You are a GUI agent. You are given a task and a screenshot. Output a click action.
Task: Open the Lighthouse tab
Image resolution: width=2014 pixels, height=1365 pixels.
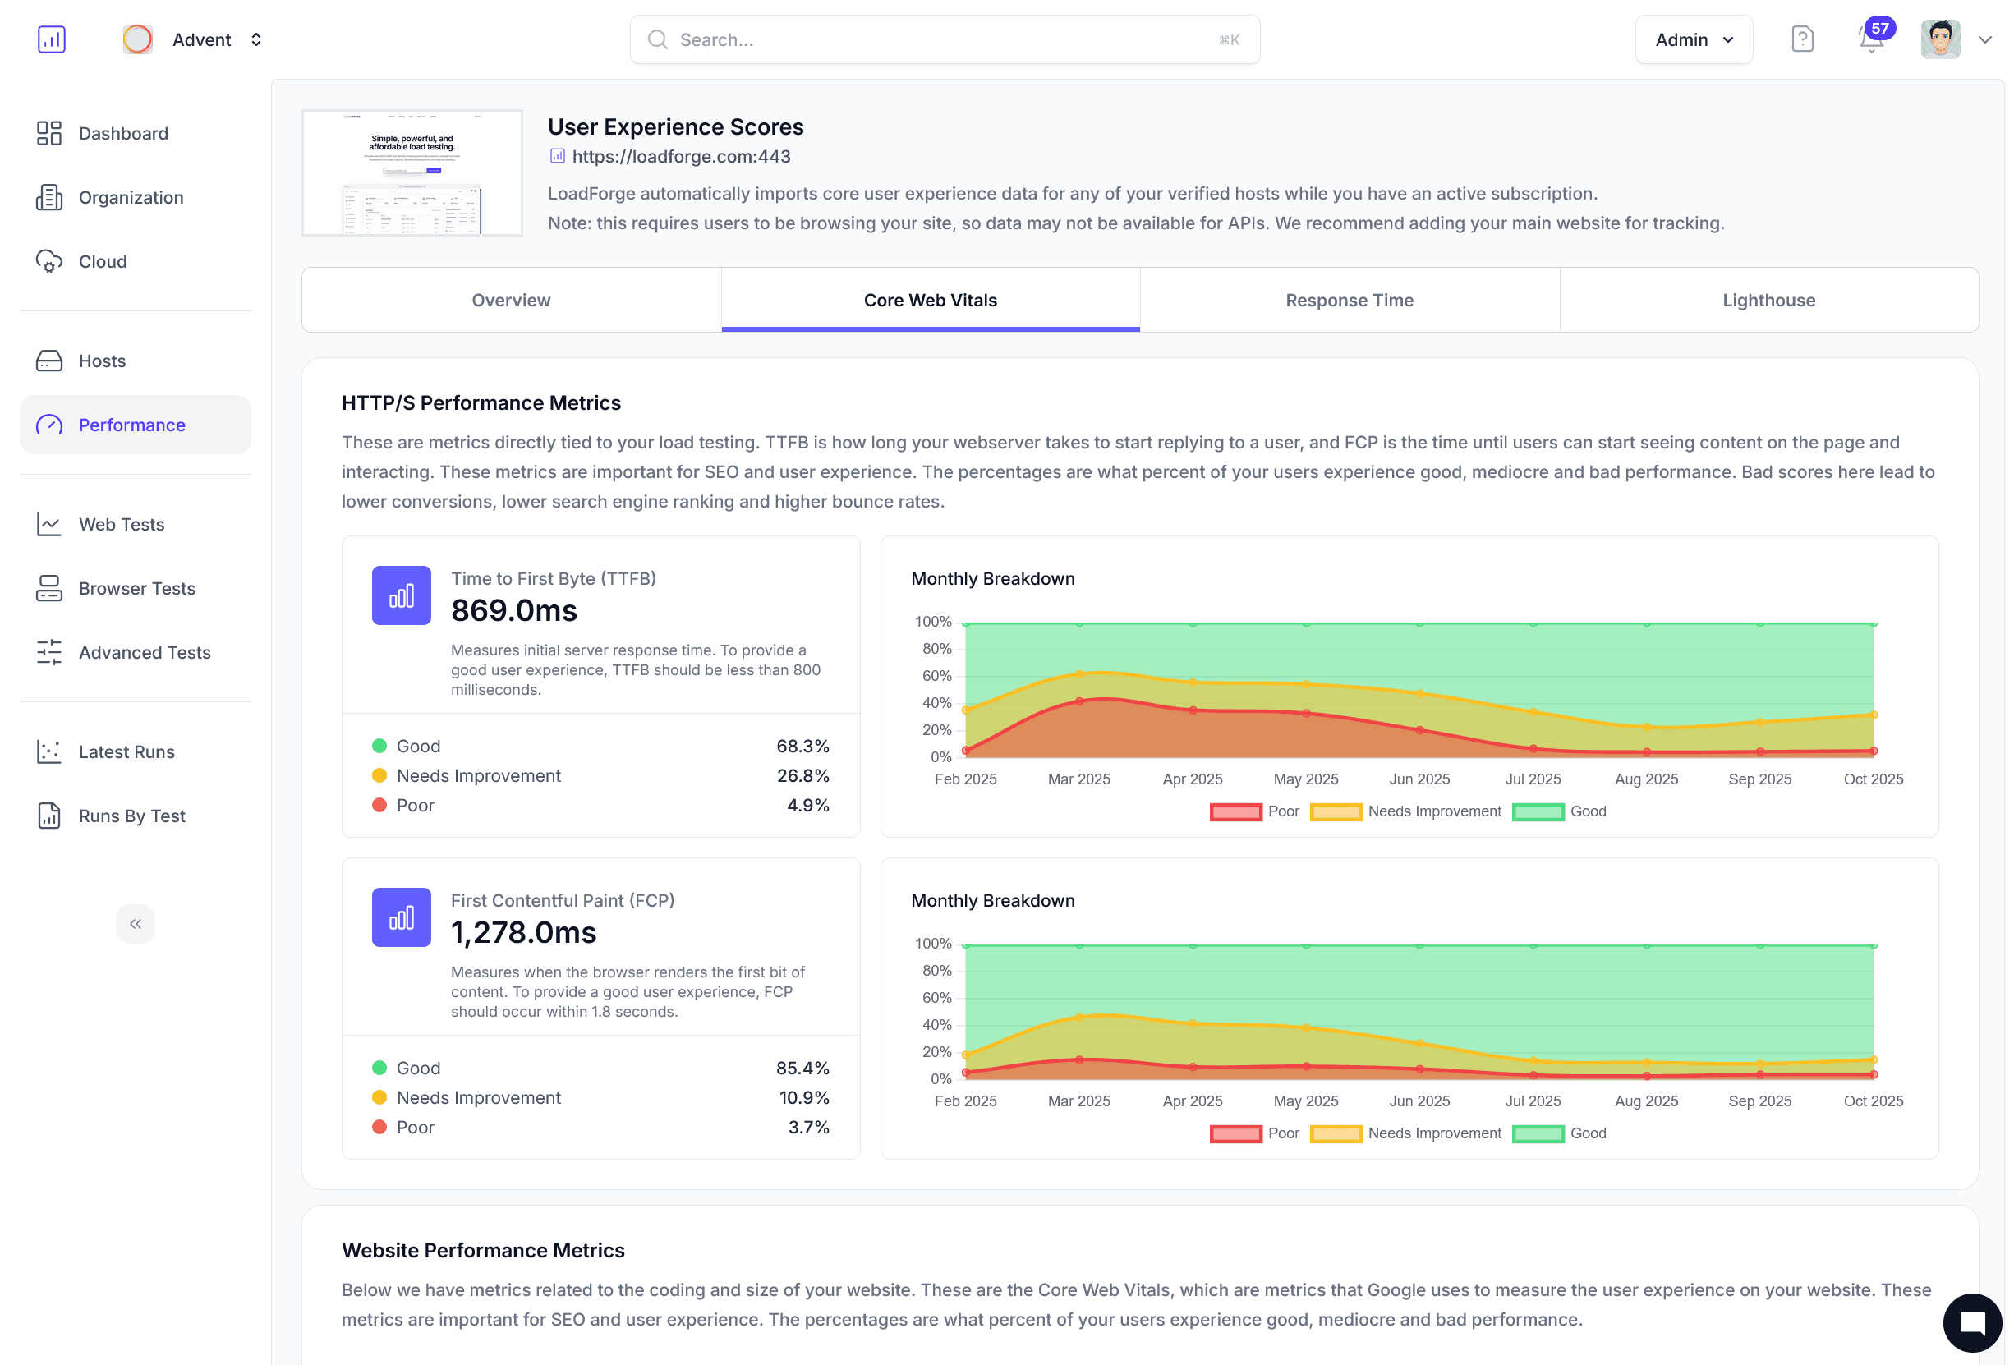tap(1768, 300)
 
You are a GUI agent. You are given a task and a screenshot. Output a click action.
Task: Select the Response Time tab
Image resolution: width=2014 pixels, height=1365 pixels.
tap(1349, 300)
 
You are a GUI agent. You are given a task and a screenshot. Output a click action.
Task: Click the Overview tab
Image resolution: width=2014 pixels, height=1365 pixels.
tap(510, 300)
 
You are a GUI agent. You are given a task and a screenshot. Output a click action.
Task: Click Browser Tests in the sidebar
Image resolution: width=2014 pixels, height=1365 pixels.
tap(136, 589)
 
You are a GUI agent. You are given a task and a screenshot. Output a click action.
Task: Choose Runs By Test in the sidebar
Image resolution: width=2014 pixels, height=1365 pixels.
tap(131, 816)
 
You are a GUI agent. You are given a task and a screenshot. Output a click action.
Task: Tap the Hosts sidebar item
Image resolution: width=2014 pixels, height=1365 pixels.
tap(101, 361)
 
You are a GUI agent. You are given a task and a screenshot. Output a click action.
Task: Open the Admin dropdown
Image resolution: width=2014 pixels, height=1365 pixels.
tap(1693, 40)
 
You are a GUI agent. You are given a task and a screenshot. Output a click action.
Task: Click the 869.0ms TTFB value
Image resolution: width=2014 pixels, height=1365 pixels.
tap(514, 611)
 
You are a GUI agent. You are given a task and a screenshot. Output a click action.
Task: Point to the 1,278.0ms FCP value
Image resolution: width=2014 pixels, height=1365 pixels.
tap(523, 932)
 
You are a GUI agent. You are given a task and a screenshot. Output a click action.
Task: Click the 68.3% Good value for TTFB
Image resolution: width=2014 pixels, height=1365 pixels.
tap(802, 747)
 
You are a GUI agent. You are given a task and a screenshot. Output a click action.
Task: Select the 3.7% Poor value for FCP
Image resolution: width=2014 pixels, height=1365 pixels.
tap(807, 1127)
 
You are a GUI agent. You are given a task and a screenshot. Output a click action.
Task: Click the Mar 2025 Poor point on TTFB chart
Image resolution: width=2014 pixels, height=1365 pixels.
tap(1079, 701)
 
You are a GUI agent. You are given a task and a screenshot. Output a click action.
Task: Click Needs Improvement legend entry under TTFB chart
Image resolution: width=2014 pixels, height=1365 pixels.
tap(1405, 811)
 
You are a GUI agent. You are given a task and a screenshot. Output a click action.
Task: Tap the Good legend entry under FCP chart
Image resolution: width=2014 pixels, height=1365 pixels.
tap(1559, 1133)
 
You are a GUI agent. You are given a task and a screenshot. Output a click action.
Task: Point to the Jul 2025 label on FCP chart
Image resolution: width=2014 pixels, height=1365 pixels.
tap(1532, 1101)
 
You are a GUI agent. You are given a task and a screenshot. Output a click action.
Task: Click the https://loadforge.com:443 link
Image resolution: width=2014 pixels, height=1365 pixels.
tap(680, 157)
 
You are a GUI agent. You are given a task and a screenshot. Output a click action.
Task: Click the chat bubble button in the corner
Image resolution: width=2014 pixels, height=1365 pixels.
tap(1971, 1321)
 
